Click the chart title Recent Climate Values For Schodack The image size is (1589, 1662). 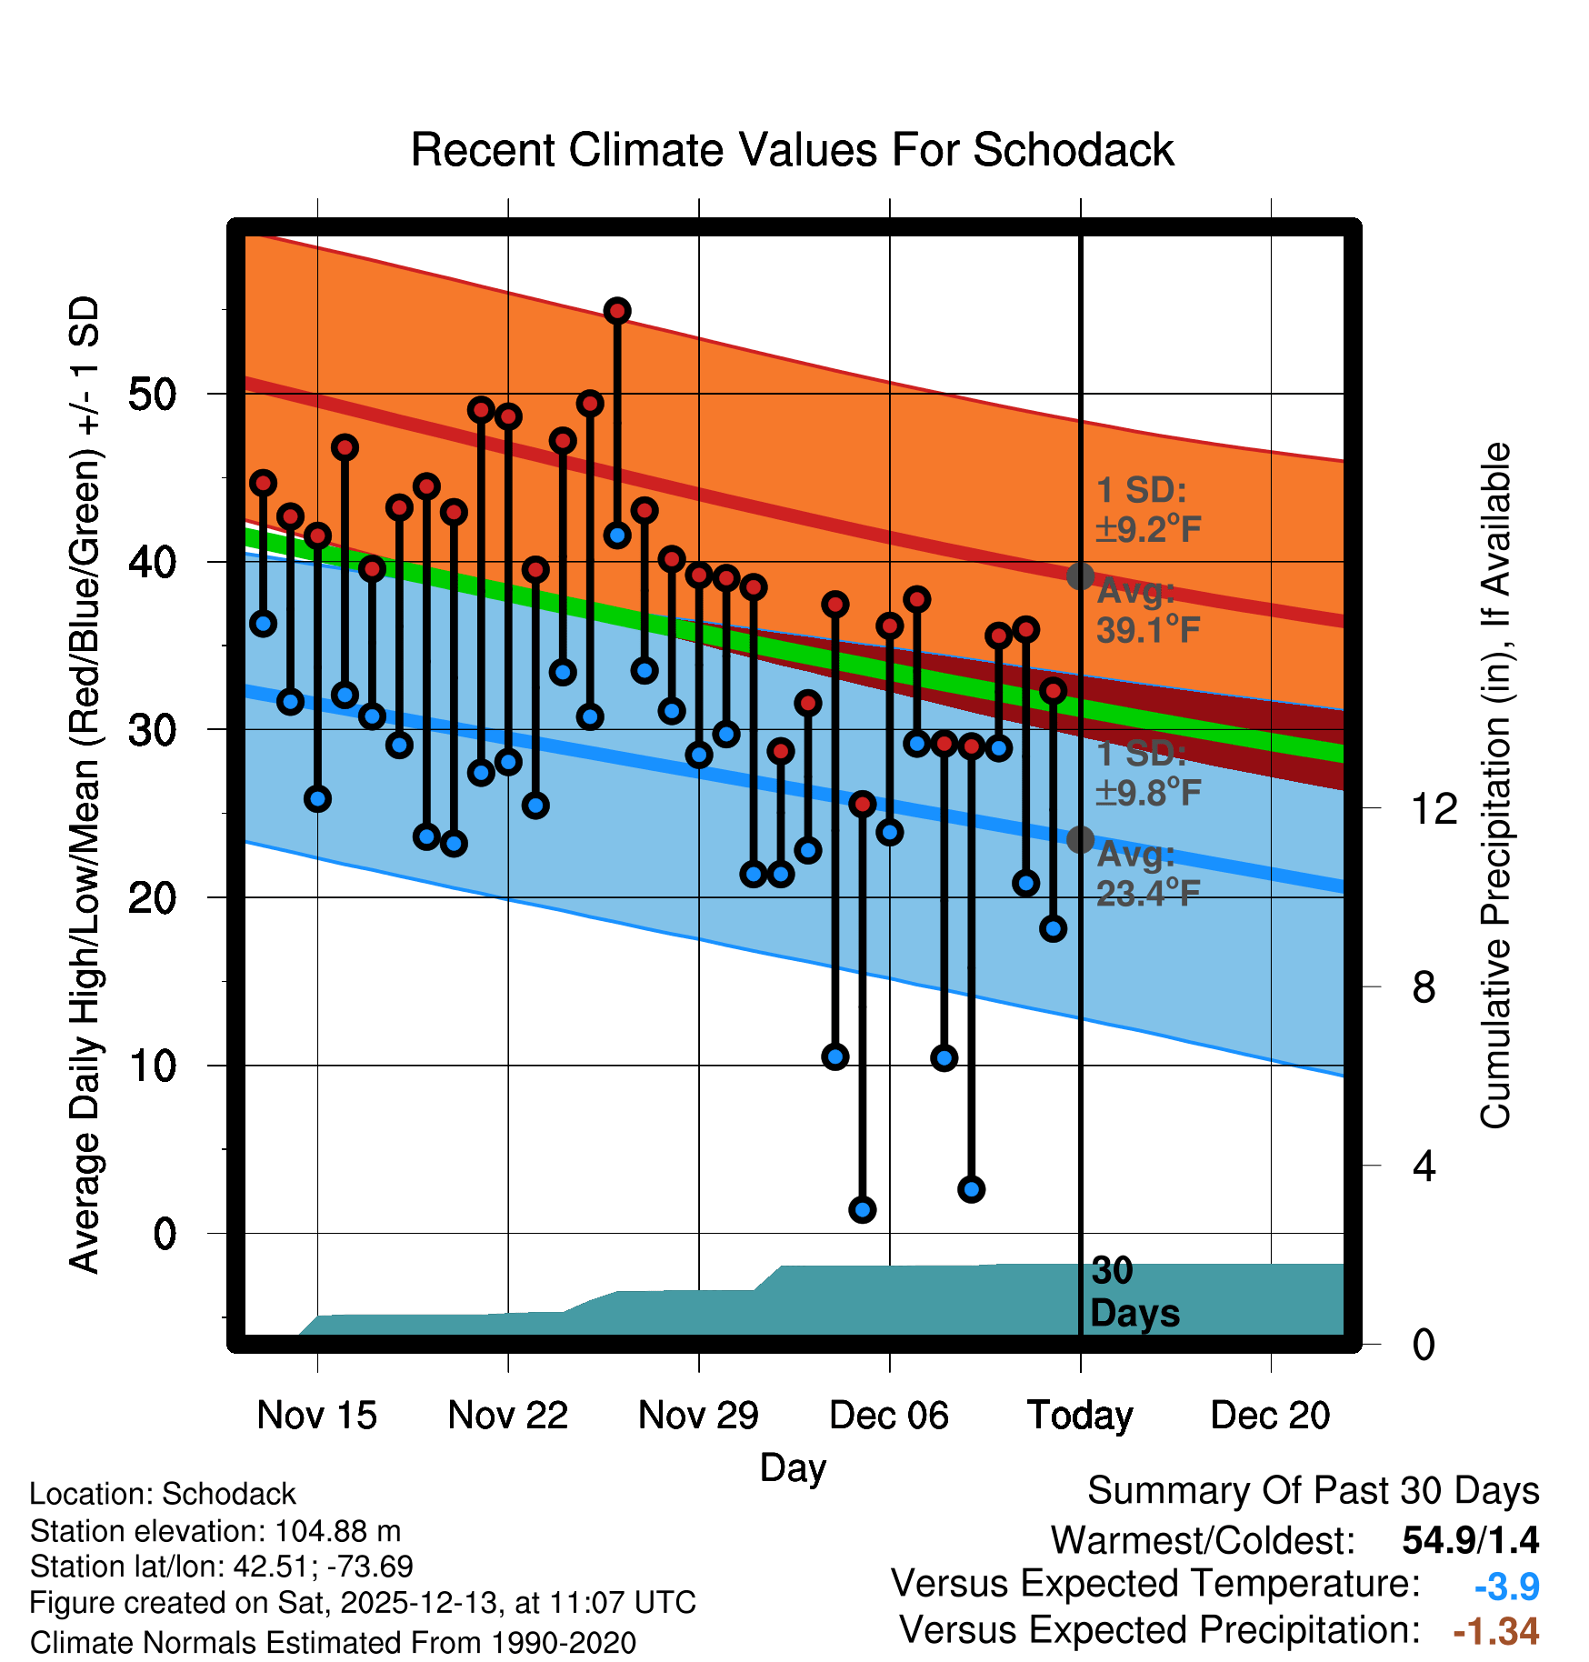792,150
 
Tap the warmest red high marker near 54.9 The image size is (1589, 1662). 617,311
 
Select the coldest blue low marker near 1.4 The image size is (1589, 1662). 862,1209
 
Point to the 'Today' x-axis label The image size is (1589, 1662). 1080,1415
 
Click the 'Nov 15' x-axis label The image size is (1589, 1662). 316,1415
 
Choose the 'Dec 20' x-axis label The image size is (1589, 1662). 1270,1415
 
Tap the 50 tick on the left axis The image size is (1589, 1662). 153,395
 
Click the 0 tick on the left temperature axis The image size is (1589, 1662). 165,1234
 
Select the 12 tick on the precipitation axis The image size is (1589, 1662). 1434,808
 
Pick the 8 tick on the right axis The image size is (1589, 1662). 1424,986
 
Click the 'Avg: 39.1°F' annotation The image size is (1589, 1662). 1147,610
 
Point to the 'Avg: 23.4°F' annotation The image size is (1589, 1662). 1147,874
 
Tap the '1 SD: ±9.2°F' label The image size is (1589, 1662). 1147,509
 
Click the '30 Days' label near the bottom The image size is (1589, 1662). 1134,1292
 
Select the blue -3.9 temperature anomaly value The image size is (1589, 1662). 1506,1587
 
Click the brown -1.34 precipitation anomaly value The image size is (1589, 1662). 1495,1631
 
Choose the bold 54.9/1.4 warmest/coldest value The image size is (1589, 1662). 1470,1540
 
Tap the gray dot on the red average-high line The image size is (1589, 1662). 1080,576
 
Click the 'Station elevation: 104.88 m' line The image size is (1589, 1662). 215,1531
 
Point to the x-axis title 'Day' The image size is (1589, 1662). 793,1467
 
